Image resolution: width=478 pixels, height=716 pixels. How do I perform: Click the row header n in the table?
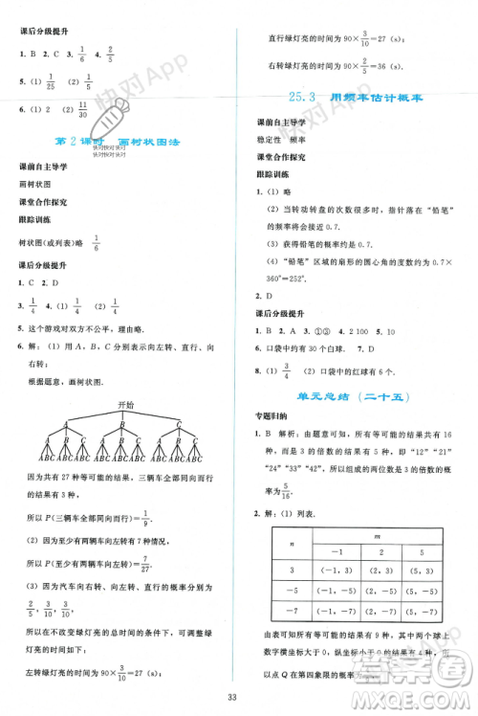pyautogui.click(x=291, y=543)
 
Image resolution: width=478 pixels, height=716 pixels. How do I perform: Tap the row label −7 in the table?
pyautogui.click(x=292, y=610)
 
